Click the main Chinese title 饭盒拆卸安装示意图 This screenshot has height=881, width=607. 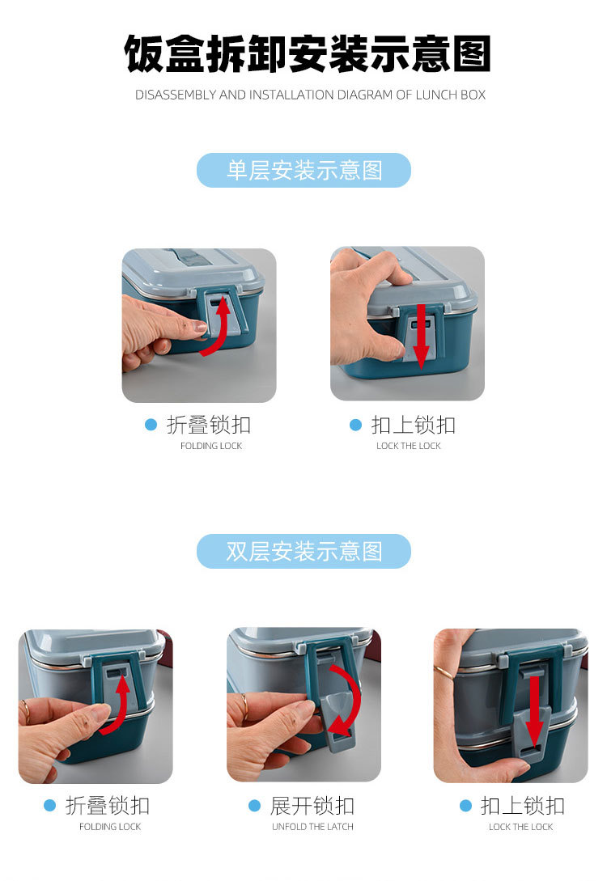[x=308, y=53]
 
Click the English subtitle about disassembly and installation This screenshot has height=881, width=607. [x=310, y=95]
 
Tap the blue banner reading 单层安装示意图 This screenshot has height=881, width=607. [x=303, y=170]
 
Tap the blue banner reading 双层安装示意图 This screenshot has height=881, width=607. [x=303, y=551]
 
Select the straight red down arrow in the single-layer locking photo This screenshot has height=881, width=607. [x=421, y=337]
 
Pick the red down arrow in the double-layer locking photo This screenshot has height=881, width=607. [x=534, y=711]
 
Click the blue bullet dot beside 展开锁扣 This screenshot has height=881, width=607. [x=255, y=806]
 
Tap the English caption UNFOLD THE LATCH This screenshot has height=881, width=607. [x=312, y=827]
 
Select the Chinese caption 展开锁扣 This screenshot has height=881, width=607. [x=312, y=806]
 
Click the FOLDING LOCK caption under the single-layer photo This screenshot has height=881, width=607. [x=211, y=446]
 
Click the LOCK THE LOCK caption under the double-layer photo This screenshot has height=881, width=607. [x=521, y=827]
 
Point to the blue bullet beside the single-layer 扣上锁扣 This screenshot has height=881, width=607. [x=356, y=425]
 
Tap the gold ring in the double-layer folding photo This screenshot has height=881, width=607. [x=25, y=712]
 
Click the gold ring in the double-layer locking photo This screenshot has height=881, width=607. [x=444, y=672]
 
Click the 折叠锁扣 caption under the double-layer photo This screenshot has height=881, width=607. [x=108, y=806]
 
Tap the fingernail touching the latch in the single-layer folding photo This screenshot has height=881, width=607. [x=200, y=327]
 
